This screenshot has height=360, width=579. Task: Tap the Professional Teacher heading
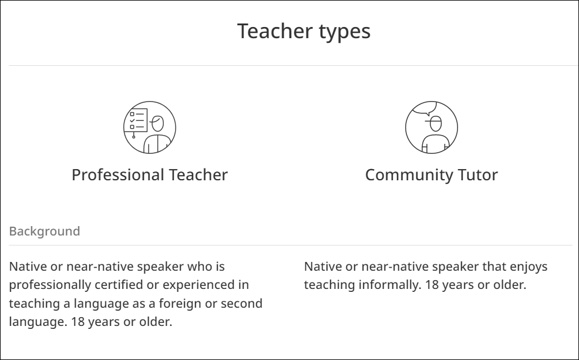tap(150, 174)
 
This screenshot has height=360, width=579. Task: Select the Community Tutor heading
tap(431, 174)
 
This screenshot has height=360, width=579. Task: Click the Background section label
tap(44, 231)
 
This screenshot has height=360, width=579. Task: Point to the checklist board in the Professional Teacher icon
tap(136, 120)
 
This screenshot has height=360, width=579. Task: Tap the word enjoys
tap(528, 267)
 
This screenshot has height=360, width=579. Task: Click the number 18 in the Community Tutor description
tap(432, 285)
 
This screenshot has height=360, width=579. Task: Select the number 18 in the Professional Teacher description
tap(78, 322)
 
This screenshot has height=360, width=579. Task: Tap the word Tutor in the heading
tap(478, 174)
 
